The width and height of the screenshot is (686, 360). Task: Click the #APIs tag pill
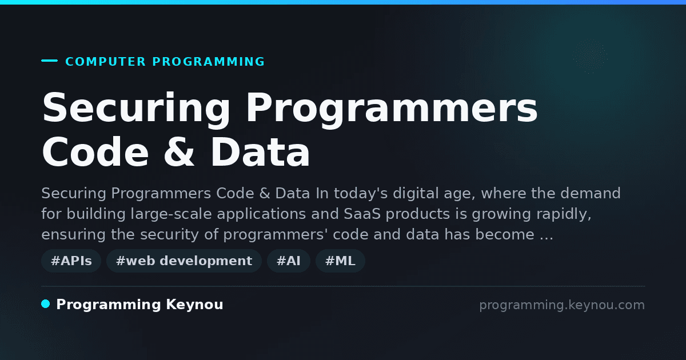[71, 261]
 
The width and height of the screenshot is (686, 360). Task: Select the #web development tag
[184, 261]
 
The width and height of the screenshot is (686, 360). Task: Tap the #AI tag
[289, 261]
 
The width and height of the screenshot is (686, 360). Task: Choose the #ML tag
[340, 261]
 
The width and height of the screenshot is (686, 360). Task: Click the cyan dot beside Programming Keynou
[46, 304]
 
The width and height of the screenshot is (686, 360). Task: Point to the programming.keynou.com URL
[562, 305]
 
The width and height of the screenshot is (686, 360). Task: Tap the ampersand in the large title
[179, 152]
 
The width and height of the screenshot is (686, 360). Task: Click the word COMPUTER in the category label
[106, 62]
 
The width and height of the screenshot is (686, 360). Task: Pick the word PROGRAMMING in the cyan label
[208, 62]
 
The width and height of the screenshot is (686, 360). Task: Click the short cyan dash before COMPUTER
[49, 61]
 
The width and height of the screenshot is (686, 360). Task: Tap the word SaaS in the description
[362, 214]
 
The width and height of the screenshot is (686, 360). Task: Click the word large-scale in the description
[171, 214]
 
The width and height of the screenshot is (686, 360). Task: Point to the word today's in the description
[361, 194]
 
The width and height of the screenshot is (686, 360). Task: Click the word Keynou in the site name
[194, 304]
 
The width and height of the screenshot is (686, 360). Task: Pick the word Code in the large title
[95, 152]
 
